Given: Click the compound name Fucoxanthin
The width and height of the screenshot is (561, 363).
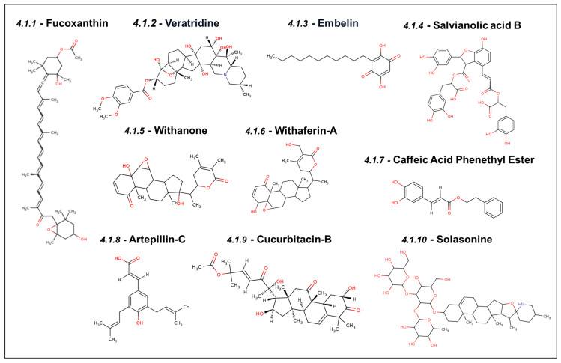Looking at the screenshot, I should [77, 24].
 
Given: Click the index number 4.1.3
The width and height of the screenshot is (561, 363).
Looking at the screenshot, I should [302, 24].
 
